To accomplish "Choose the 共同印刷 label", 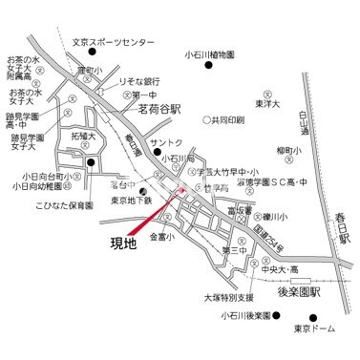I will click(x=226, y=121).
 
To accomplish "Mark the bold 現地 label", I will click(x=123, y=243).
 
